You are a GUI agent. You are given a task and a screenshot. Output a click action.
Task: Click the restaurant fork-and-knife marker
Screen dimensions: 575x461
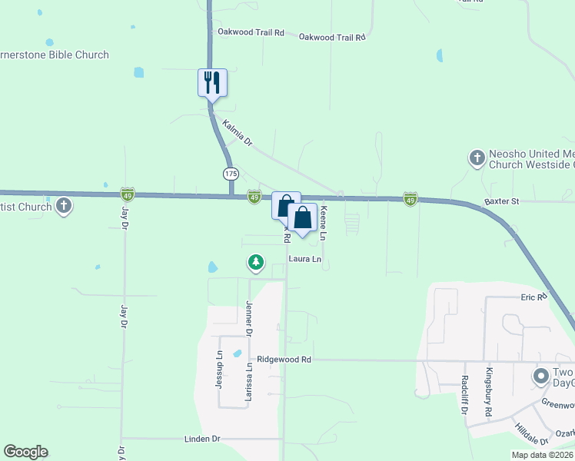click(x=213, y=81)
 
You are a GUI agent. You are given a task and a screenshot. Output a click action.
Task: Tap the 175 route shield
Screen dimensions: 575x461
click(x=230, y=171)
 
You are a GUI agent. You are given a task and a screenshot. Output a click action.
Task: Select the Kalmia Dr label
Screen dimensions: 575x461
click(x=237, y=131)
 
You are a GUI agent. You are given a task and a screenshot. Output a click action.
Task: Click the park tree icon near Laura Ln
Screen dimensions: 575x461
click(x=256, y=263)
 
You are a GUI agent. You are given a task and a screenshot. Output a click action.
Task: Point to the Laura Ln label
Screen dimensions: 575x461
click(x=305, y=260)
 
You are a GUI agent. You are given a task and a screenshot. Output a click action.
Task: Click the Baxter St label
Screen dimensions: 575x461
click(x=502, y=201)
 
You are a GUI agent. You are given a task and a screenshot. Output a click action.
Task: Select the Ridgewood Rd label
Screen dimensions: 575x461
click(x=284, y=359)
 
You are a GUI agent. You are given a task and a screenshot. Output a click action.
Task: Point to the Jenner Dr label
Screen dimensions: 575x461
click(x=249, y=318)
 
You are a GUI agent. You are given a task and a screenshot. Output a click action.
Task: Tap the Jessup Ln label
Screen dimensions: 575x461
click(x=219, y=369)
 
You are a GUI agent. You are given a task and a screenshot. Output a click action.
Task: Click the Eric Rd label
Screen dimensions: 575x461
click(x=533, y=297)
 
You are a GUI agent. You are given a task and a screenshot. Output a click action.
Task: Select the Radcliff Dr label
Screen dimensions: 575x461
click(x=466, y=394)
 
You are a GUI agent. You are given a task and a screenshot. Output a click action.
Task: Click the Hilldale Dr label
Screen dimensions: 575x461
click(x=531, y=435)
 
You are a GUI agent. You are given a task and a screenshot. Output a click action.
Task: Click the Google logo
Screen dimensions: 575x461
click(x=25, y=452)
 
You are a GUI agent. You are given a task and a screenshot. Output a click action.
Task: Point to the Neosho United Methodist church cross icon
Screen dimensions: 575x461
click(x=477, y=158)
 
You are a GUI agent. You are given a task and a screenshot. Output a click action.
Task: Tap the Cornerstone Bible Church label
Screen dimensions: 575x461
click(x=54, y=55)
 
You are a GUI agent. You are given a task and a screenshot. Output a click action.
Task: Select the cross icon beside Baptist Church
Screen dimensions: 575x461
click(x=64, y=206)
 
